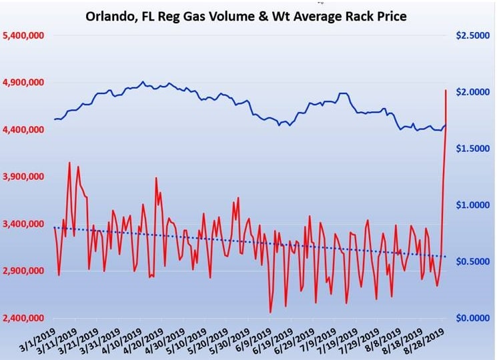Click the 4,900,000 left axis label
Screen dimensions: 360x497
click(25, 82)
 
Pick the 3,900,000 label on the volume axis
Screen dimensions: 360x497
click(25, 177)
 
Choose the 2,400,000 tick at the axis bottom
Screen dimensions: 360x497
click(25, 318)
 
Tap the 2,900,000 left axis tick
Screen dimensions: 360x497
click(25, 271)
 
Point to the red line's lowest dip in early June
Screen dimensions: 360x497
click(270, 312)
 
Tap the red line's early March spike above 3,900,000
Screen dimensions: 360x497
click(69, 163)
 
